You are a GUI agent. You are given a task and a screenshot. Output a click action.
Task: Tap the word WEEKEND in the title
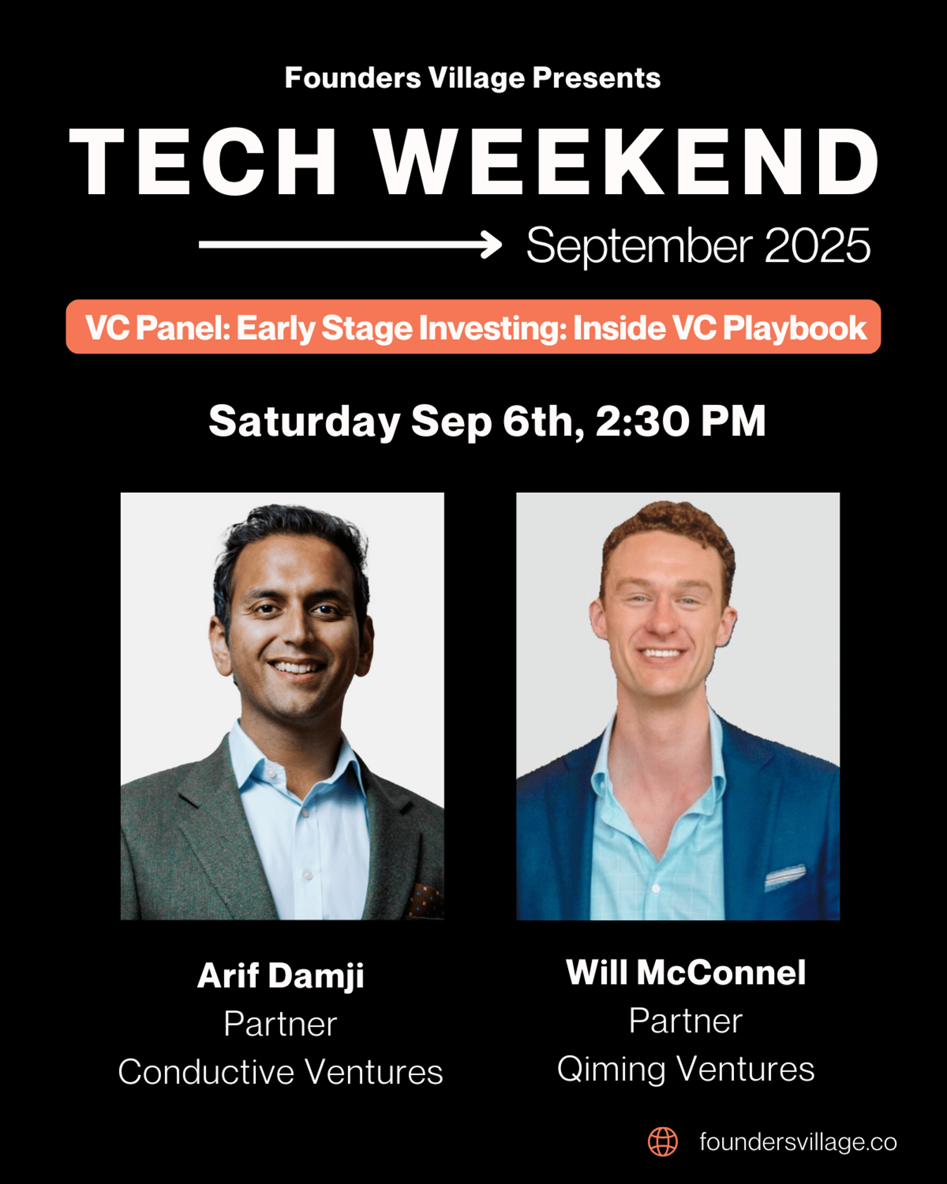(627, 162)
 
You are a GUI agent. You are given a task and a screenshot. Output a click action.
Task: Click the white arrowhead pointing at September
(491, 244)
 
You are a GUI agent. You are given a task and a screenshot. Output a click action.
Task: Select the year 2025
(817, 245)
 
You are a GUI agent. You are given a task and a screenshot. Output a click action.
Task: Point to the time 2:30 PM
(681, 421)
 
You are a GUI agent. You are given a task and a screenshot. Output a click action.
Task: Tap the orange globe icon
(663, 1142)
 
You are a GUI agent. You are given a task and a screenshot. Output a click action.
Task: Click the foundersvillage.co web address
(798, 1142)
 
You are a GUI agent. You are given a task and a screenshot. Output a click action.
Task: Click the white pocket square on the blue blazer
(785, 877)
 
